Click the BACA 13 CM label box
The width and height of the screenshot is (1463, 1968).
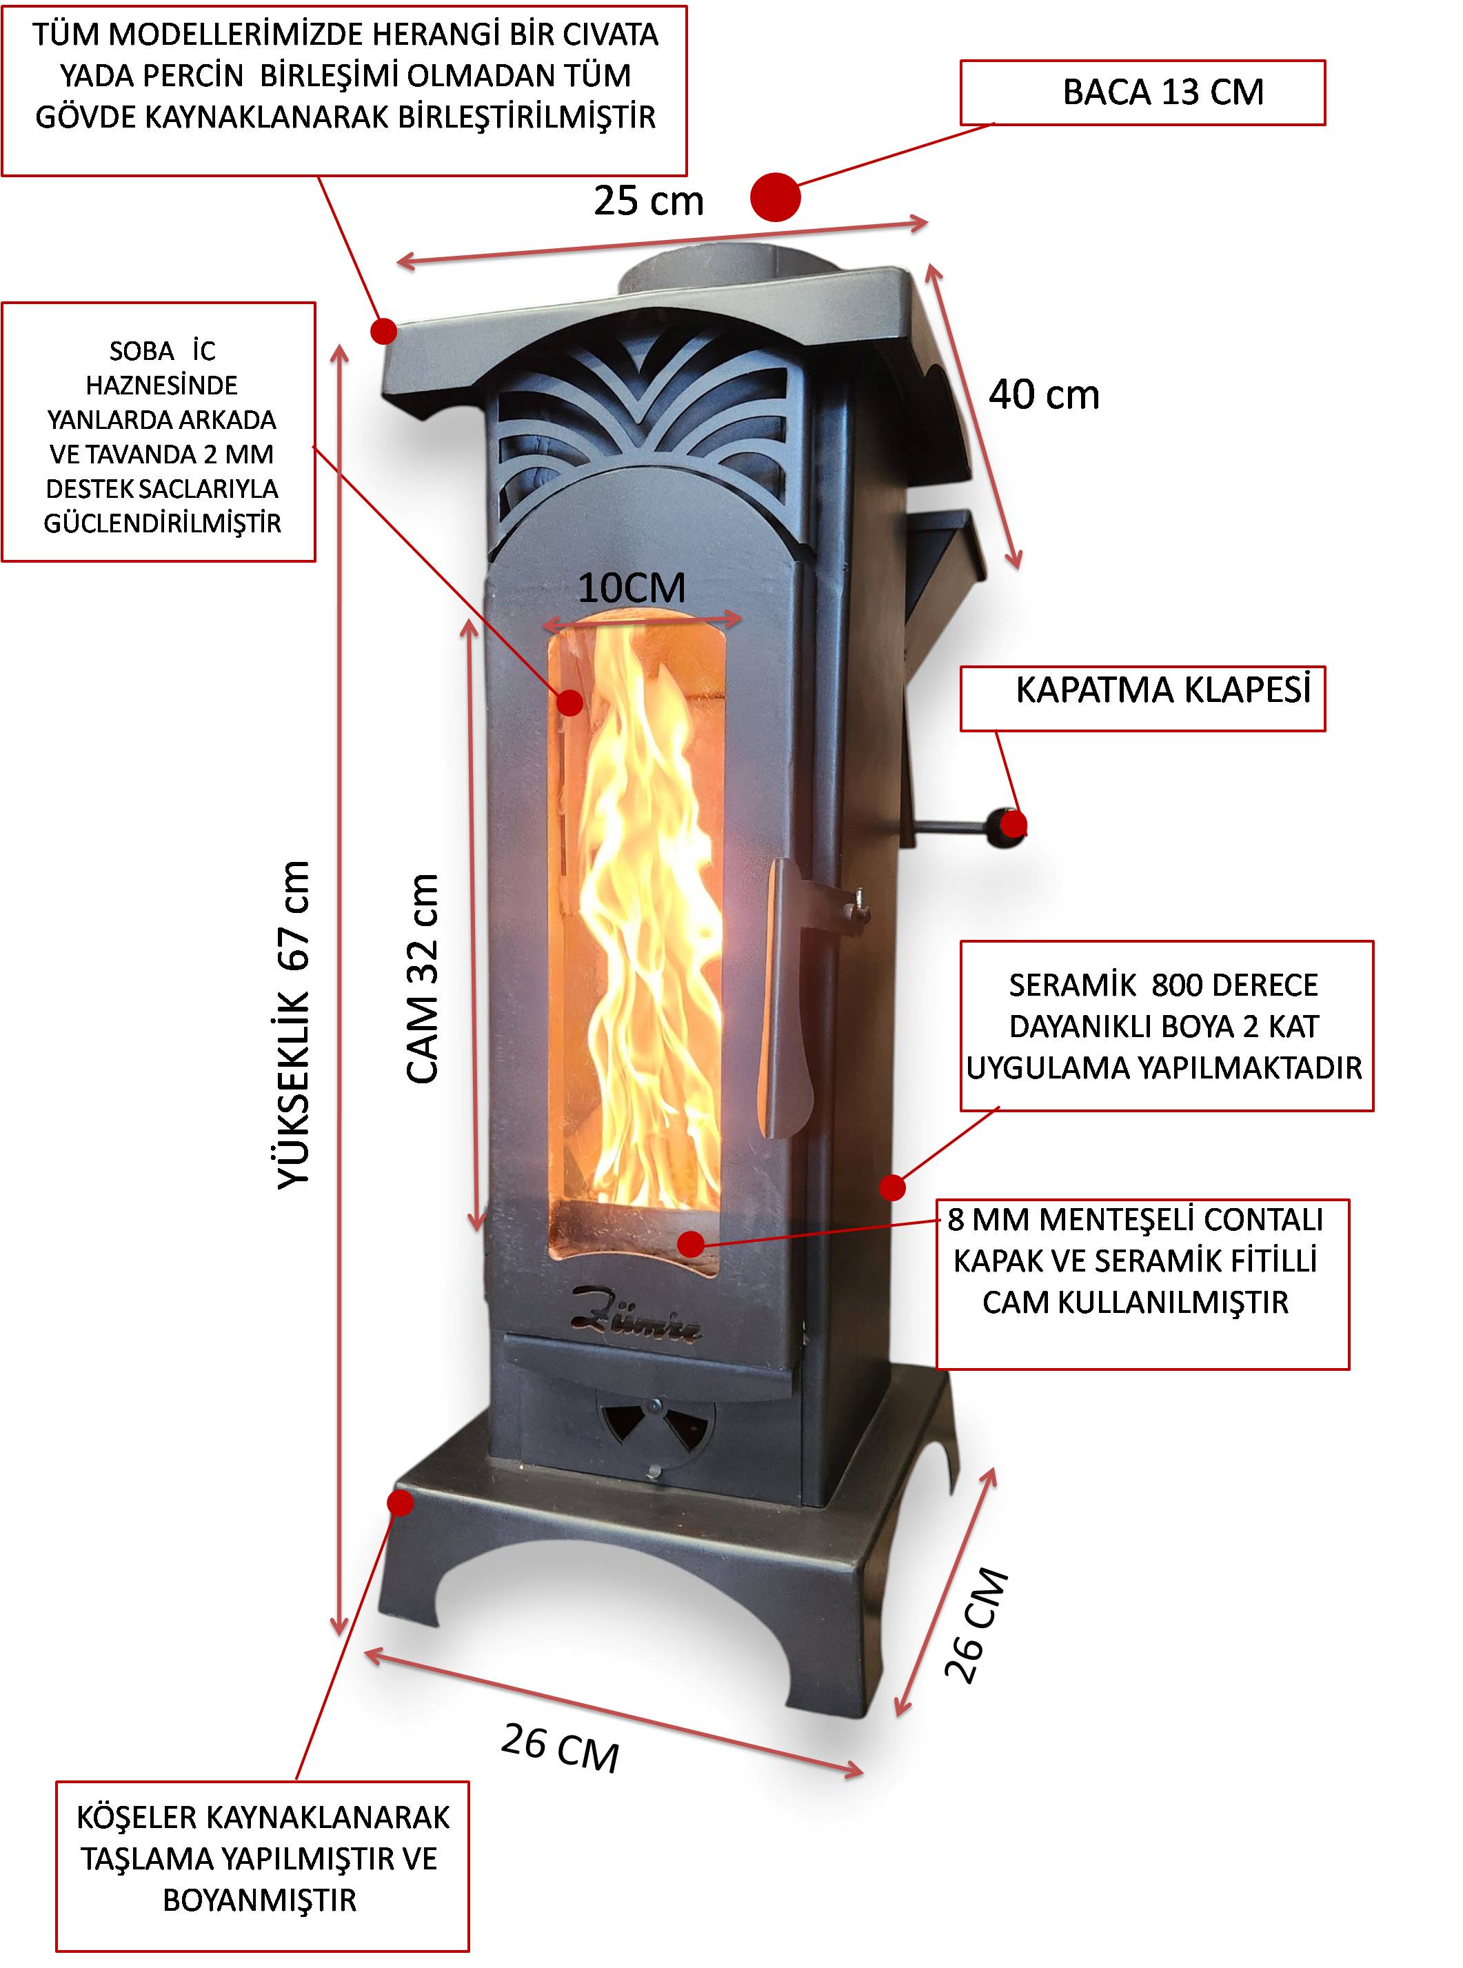click(1142, 92)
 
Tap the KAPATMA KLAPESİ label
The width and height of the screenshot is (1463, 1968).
click(1162, 690)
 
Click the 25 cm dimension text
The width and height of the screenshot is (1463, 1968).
click(648, 201)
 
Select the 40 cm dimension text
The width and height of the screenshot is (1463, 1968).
click(1044, 395)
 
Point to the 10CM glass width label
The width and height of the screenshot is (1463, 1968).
click(632, 588)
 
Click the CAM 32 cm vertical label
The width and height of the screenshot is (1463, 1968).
click(423, 978)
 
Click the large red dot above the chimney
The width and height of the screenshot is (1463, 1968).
click(775, 197)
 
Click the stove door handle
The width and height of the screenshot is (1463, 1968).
click(784, 992)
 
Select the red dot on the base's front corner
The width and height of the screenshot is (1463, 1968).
click(401, 1503)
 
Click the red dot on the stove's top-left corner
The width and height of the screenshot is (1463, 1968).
click(383, 331)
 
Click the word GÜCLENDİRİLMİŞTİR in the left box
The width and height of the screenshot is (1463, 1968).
click(162, 523)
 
